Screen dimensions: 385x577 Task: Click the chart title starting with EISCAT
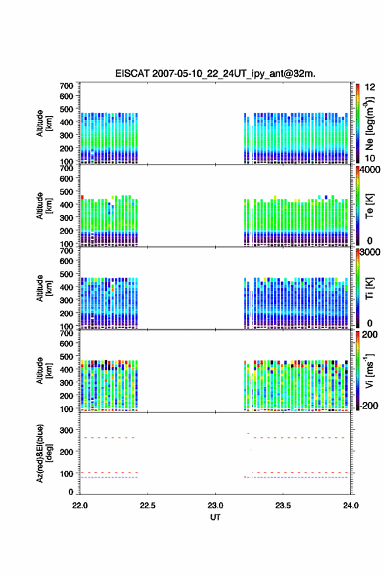[x=215, y=73]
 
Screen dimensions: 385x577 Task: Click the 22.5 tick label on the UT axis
[x=148, y=506]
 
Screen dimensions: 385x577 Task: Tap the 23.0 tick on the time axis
[x=215, y=506]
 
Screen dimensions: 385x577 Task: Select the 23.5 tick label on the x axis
[x=283, y=506]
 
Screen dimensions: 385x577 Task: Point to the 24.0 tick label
[x=351, y=506]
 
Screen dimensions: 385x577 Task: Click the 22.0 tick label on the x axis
[x=80, y=506]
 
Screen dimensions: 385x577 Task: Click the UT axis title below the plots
[x=215, y=517]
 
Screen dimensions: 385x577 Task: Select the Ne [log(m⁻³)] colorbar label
[x=370, y=124]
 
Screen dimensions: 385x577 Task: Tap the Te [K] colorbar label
[x=369, y=206]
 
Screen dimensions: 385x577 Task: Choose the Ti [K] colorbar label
[x=369, y=288]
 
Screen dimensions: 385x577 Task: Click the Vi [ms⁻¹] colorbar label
[x=370, y=370]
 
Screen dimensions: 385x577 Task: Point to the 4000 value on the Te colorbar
[x=370, y=170]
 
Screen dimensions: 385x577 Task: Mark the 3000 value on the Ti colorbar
[x=370, y=252]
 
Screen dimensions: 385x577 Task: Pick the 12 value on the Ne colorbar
[x=370, y=87]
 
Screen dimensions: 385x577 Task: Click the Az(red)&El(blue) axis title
[x=44, y=453]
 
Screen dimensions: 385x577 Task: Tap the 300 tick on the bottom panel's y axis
[x=67, y=430]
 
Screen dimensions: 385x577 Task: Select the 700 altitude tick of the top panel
[x=67, y=86]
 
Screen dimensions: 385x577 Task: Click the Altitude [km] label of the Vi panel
[x=44, y=370]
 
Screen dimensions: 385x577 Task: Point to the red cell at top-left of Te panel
[x=83, y=197]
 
